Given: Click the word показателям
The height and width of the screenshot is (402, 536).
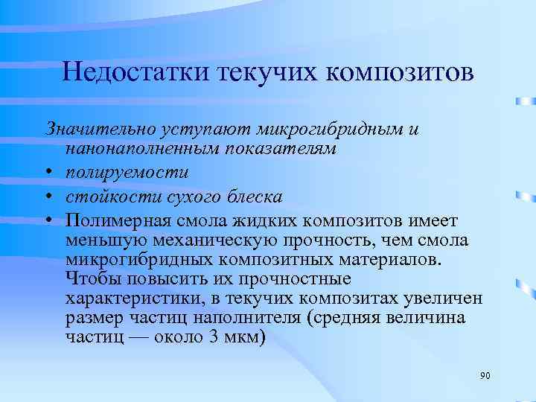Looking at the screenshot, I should pyautogui.click(x=270, y=149).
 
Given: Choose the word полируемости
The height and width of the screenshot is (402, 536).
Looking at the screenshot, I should pyautogui.click(x=127, y=173).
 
